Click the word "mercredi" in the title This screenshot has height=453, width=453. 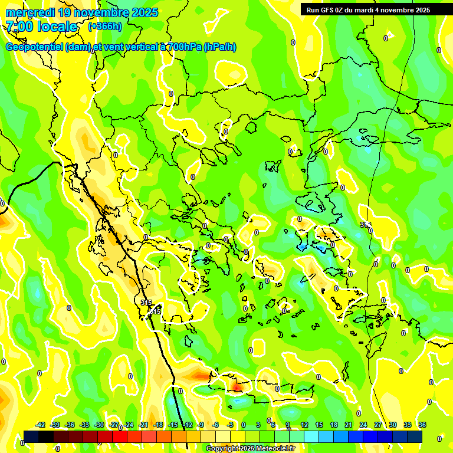click(x=28, y=12)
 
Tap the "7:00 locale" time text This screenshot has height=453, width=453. click(x=42, y=27)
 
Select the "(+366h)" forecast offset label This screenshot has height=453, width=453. click(x=105, y=27)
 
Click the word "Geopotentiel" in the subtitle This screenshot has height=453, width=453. click(x=34, y=47)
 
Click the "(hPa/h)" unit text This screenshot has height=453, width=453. click(x=220, y=47)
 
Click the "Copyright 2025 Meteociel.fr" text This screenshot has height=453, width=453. click(x=250, y=449)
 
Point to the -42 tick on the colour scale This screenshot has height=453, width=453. click(x=41, y=425)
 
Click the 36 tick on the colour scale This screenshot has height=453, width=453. click(x=422, y=425)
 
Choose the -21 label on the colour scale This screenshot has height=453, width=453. click(x=143, y=425)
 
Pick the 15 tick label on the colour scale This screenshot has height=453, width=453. click(x=319, y=425)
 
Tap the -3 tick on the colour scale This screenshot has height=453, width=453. click(x=231, y=425)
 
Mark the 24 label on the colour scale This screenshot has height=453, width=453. click(x=363, y=425)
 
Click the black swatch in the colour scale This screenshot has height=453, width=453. click(x=31, y=436)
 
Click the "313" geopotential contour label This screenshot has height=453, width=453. click(x=365, y=225)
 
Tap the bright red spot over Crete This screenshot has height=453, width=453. click(x=237, y=387)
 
